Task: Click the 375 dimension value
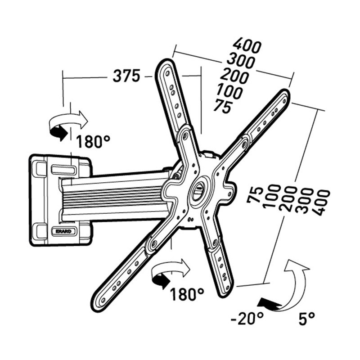coord(126,76)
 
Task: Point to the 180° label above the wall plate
coord(93,142)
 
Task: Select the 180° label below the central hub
coord(187,294)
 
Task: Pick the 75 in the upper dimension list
coord(222,107)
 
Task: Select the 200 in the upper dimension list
coord(234,76)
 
